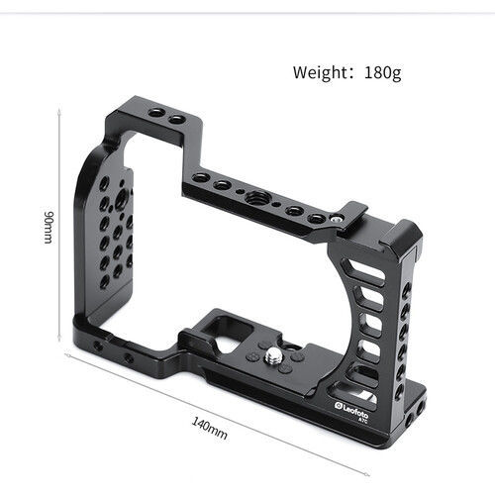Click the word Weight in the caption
point(323,72)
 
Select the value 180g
point(382,72)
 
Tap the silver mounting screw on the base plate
point(270,354)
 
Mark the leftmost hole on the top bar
point(202,177)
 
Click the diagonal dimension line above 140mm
point(228,411)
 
